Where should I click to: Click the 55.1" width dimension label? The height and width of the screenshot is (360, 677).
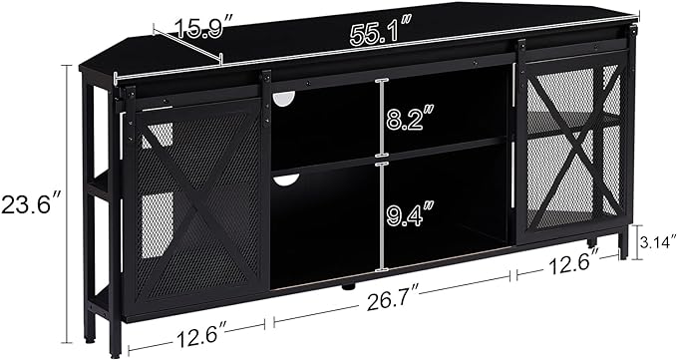379,34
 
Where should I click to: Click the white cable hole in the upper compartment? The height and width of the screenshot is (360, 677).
283,98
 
